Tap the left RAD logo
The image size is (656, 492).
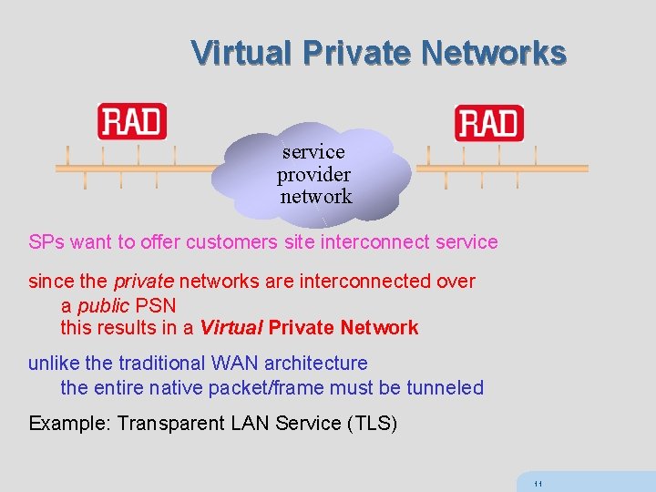click(x=132, y=122)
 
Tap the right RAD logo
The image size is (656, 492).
click(x=489, y=123)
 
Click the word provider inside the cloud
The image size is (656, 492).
click(x=314, y=174)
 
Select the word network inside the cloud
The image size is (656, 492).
click(x=315, y=196)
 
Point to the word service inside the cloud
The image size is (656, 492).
click(x=313, y=151)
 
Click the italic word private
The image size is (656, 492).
click(x=137, y=282)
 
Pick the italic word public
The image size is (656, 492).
click(x=103, y=305)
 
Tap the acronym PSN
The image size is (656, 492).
click(x=155, y=305)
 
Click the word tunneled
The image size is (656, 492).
click(x=446, y=387)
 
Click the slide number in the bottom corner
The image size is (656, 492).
click(x=538, y=483)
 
